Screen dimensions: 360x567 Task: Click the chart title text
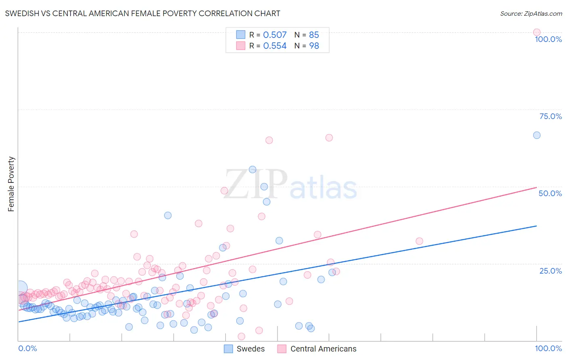(x=142, y=13)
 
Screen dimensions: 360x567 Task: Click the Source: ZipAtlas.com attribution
(x=531, y=13)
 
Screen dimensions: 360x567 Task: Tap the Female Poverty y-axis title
(x=11, y=184)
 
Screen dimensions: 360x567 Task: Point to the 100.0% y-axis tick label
(x=548, y=39)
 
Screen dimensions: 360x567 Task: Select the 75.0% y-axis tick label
(x=550, y=116)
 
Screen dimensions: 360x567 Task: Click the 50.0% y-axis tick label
(x=550, y=193)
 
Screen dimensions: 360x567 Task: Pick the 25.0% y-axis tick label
(x=550, y=271)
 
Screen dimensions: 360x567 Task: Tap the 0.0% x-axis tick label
(x=27, y=348)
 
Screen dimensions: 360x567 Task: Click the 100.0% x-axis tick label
(x=548, y=348)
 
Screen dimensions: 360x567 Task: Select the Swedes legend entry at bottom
(x=244, y=349)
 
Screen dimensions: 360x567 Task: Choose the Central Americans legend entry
(x=317, y=349)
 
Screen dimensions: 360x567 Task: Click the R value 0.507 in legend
(x=275, y=35)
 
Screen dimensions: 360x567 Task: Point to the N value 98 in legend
(x=314, y=46)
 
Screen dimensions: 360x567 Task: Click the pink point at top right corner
(x=536, y=32)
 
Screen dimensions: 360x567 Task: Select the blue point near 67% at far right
(x=536, y=135)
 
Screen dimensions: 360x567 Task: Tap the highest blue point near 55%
(x=252, y=170)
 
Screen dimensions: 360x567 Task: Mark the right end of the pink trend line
(x=536, y=187)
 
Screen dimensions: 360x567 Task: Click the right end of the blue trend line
(x=536, y=226)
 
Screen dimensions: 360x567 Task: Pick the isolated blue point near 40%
(x=168, y=216)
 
